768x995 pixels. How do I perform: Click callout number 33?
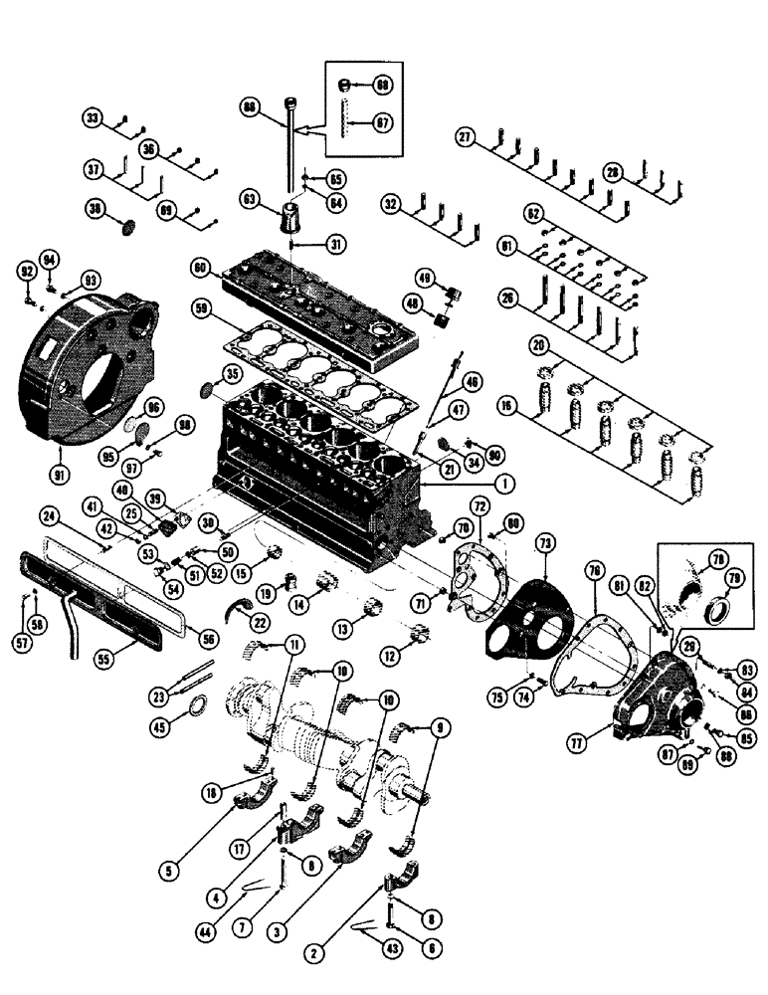pos(94,119)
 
